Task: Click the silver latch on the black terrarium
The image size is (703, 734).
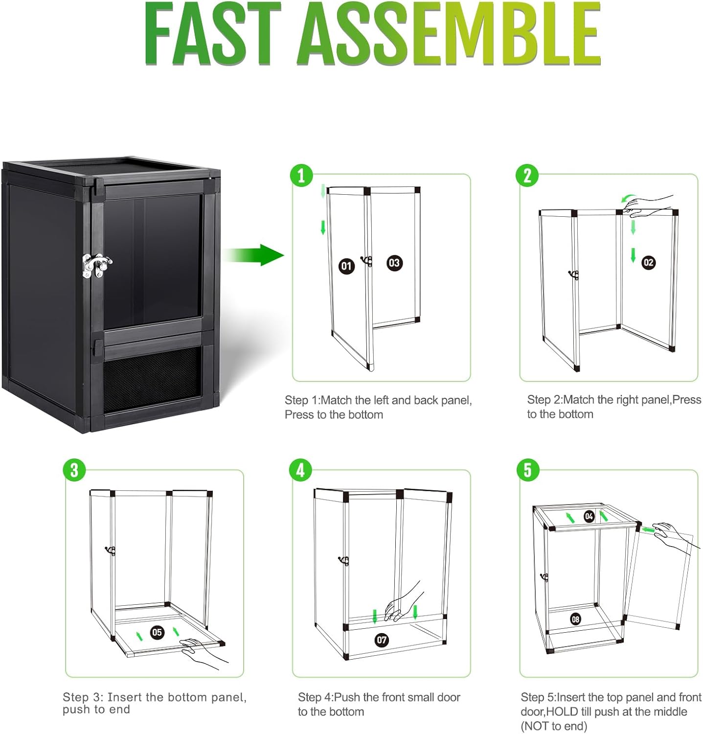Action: (96, 266)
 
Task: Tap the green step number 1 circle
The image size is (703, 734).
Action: (301, 175)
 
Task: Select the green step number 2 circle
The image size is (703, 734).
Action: (527, 175)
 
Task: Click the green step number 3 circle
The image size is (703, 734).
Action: (74, 470)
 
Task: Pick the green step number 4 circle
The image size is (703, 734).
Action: (301, 470)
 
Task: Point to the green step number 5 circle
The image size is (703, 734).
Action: (527, 470)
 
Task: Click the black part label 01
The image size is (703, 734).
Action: (346, 266)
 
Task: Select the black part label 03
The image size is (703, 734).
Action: (394, 263)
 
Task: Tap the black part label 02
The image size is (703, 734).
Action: (648, 262)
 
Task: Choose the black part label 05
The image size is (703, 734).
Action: (157, 632)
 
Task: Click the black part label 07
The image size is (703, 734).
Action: (382, 640)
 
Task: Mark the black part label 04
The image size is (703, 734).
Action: (589, 516)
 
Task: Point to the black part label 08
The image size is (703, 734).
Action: (575, 619)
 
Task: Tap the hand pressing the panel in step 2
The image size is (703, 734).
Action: (646, 206)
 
